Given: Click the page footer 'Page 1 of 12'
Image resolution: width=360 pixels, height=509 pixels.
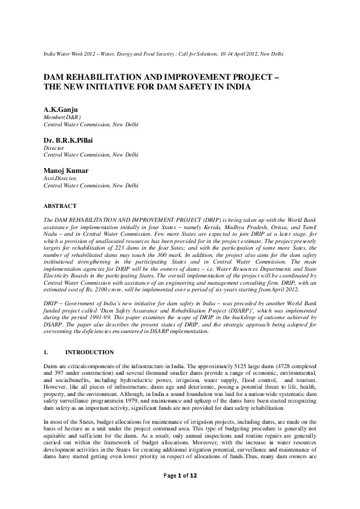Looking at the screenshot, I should click(x=180, y=493).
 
